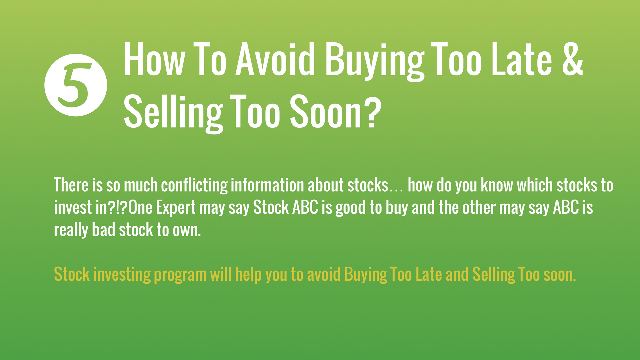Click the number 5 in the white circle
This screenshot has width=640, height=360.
[75, 86]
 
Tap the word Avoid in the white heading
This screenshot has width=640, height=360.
[275, 59]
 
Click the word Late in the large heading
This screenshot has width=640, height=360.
[522, 59]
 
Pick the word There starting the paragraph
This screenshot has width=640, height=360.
[71, 185]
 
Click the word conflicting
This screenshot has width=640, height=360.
[194, 186]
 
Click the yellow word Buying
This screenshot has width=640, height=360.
[366, 275]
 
